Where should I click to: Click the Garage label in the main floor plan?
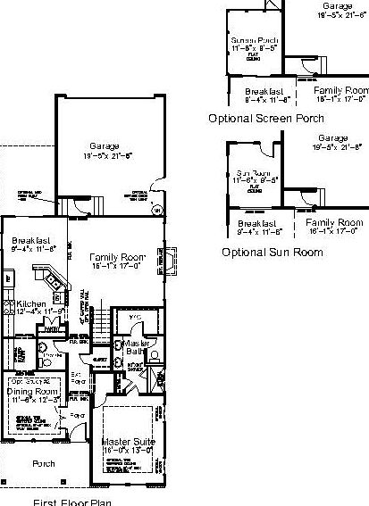click(x=104, y=145)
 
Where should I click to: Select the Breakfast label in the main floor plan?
click(x=29, y=241)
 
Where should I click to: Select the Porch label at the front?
click(x=44, y=463)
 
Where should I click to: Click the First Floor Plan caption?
click(x=72, y=502)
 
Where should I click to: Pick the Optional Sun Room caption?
click(x=272, y=253)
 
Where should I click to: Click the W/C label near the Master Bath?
click(x=136, y=316)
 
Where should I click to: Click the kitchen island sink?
click(x=55, y=283)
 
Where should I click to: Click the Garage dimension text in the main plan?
click(x=105, y=155)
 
